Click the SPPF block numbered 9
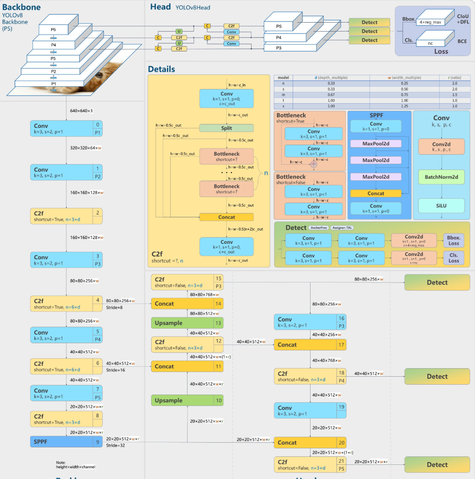[x=66, y=442]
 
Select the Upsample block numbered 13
[x=187, y=323]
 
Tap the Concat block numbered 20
[x=310, y=443]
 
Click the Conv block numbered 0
[x=66, y=129]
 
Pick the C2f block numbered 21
[x=310, y=465]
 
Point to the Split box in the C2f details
[x=226, y=128]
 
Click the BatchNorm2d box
[x=441, y=177]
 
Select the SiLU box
[x=441, y=206]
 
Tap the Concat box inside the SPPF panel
[x=376, y=193]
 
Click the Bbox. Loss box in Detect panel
[x=453, y=240]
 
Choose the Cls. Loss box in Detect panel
[x=453, y=258]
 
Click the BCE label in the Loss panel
[x=462, y=41]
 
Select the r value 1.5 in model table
[x=454, y=95]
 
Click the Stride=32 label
[x=115, y=445]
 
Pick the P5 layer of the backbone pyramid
[x=53, y=30]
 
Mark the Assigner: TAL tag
[x=343, y=228]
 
